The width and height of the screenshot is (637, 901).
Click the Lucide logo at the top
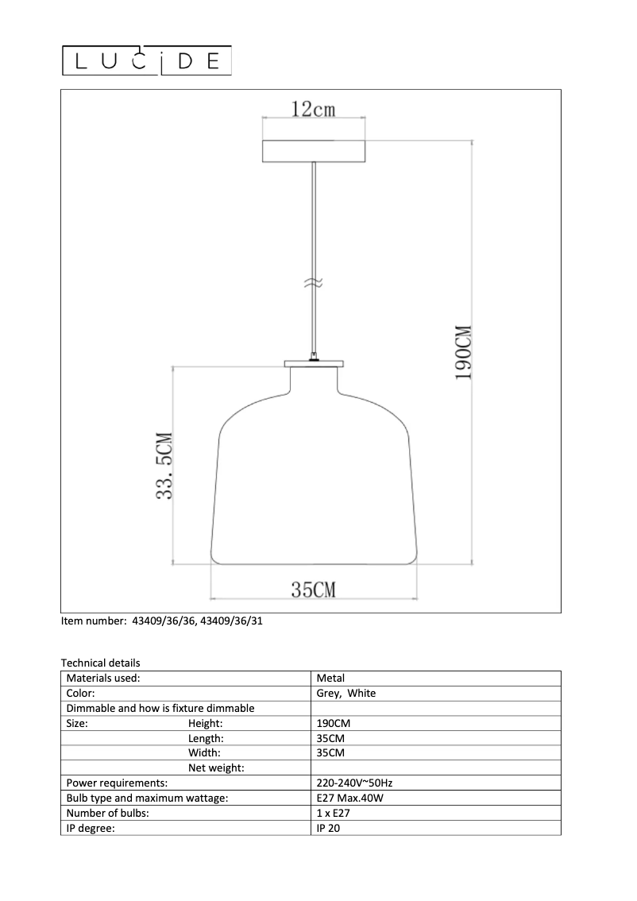(x=147, y=61)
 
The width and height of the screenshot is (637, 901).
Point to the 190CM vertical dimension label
(x=464, y=352)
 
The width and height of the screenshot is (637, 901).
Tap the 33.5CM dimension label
(x=164, y=466)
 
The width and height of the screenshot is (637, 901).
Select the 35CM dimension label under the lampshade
(x=313, y=590)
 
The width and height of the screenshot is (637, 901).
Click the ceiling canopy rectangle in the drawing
(x=315, y=151)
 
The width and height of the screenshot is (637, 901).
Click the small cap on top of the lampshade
(x=315, y=364)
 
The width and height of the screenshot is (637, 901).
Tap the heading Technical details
(x=101, y=663)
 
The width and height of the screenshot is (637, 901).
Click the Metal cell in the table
(x=330, y=679)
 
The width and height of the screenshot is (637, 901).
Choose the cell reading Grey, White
(x=346, y=694)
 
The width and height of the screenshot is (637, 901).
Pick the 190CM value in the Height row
(x=334, y=724)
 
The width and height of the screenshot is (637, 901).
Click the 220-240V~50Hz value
(x=354, y=783)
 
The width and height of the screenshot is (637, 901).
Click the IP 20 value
(x=329, y=829)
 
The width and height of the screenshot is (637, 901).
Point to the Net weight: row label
(x=216, y=768)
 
